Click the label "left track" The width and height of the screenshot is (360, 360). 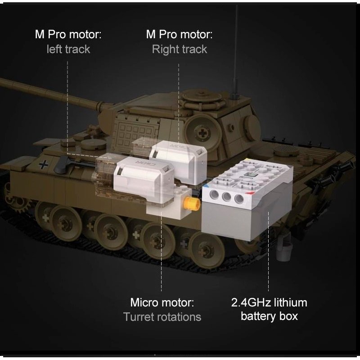68,49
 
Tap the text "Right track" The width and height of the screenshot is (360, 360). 180,49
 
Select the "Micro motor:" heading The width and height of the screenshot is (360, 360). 162,302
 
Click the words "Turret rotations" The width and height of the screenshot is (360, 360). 162,317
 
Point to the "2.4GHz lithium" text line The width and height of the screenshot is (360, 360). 269,302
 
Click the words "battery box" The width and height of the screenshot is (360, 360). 269,316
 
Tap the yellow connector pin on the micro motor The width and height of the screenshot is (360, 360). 191,203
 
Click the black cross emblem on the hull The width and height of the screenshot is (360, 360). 43,165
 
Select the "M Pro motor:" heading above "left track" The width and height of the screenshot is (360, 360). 68,35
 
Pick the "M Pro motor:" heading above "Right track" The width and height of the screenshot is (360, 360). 180,35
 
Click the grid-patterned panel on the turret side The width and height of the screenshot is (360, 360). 136,133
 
